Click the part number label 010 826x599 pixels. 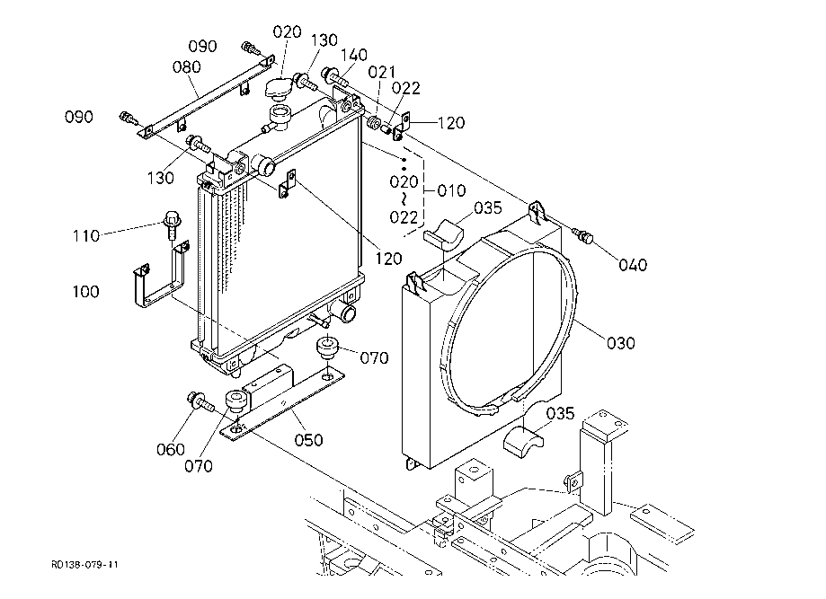(x=451, y=190)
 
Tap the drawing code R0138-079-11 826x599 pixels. (x=84, y=565)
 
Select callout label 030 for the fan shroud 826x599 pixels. (x=620, y=343)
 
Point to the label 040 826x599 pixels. (x=633, y=265)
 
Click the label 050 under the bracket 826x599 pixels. (x=308, y=439)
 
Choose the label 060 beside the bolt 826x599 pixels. (x=171, y=449)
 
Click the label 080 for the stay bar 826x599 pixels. (x=186, y=66)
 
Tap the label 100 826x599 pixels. (x=85, y=291)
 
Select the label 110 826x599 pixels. (x=86, y=235)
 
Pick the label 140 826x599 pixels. (x=354, y=55)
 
